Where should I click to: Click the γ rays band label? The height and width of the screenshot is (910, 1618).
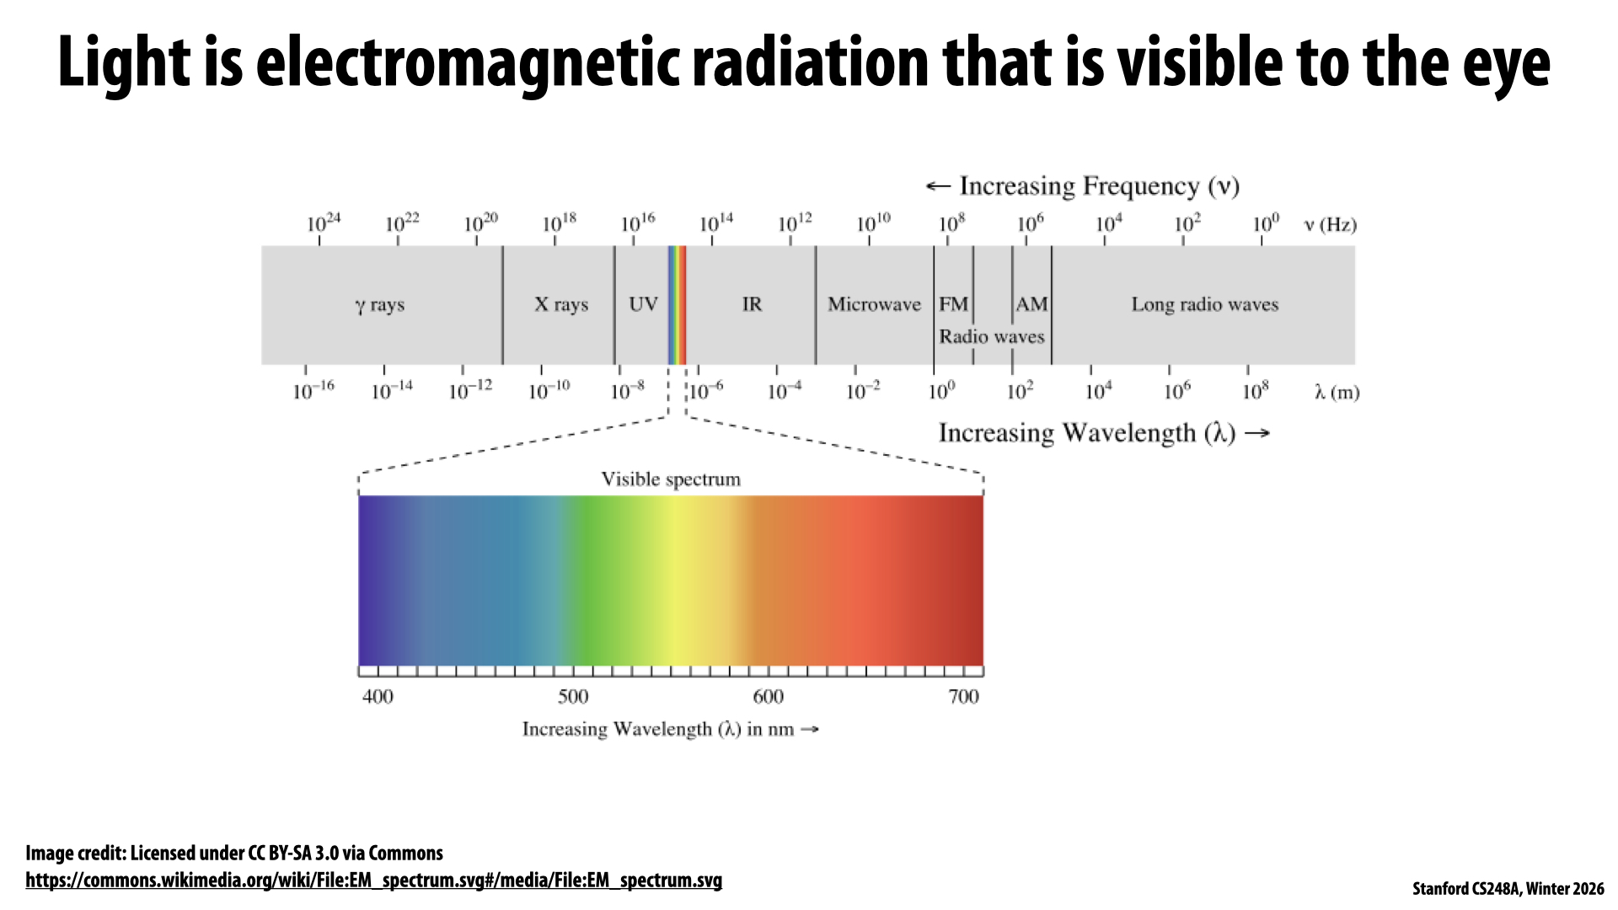click(379, 305)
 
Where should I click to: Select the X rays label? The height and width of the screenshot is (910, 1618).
click(561, 304)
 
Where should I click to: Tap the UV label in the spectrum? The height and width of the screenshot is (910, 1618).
click(643, 304)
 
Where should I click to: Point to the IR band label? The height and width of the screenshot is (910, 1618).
click(752, 304)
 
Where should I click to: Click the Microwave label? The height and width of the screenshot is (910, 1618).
click(874, 304)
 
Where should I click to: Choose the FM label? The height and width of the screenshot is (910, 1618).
click(953, 304)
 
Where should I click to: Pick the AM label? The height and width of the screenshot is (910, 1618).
click(1031, 304)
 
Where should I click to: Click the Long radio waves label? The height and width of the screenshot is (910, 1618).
click(1204, 304)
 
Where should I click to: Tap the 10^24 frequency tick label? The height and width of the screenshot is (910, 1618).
click(324, 223)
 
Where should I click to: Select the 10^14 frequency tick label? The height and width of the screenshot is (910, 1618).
click(716, 223)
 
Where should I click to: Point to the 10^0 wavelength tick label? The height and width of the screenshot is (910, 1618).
click(941, 392)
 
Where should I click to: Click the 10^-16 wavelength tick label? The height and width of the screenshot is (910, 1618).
click(313, 392)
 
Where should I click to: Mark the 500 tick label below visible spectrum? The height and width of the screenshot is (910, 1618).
click(573, 697)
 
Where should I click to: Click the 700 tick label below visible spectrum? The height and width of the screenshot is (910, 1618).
click(963, 697)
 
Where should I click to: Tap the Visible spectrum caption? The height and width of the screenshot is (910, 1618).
click(671, 479)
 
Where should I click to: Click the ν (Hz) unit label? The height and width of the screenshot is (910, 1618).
click(1330, 225)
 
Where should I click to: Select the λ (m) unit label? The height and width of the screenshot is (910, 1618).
click(1337, 393)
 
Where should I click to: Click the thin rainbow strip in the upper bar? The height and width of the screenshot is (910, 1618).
click(677, 304)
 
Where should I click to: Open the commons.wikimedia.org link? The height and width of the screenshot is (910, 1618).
click(373, 881)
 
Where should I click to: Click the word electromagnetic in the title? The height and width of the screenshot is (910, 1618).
click(468, 63)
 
